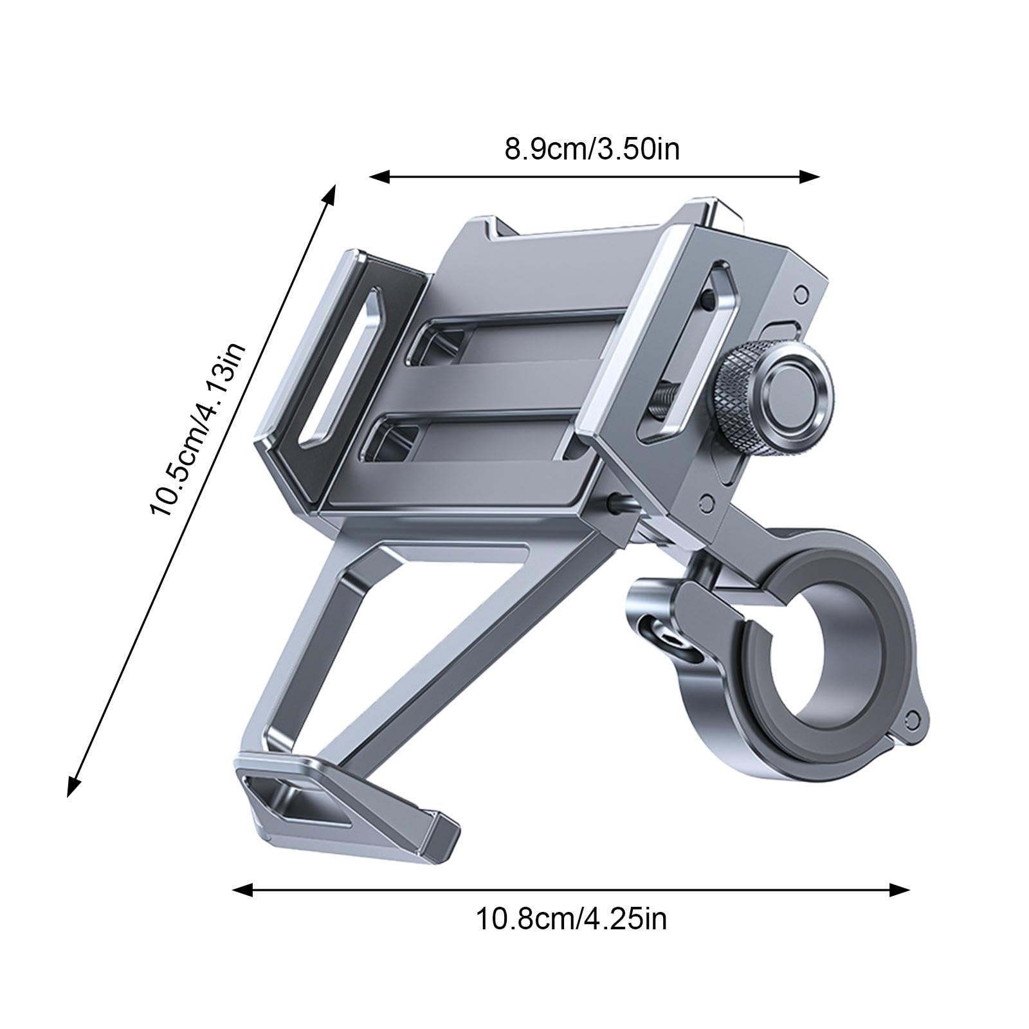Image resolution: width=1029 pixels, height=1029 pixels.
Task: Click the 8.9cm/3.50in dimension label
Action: (x=592, y=149)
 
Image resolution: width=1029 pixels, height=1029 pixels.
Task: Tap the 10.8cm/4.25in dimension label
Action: (x=571, y=919)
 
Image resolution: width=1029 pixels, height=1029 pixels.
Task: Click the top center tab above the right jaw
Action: (x=714, y=212)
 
